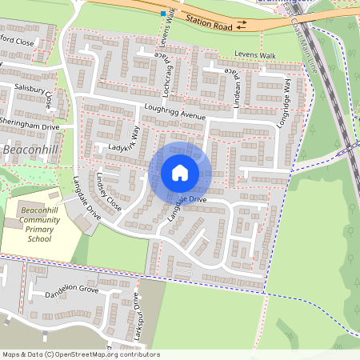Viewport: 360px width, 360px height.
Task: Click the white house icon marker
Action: click(180, 173)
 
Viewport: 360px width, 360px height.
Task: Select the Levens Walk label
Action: click(254, 54)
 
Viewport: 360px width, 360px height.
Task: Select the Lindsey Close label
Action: click(108, 190)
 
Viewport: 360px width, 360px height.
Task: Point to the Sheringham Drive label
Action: click(30, 126)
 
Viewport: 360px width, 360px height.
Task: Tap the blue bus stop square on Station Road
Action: click(163, 14)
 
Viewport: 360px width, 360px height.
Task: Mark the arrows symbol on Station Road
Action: click(242, 25)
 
